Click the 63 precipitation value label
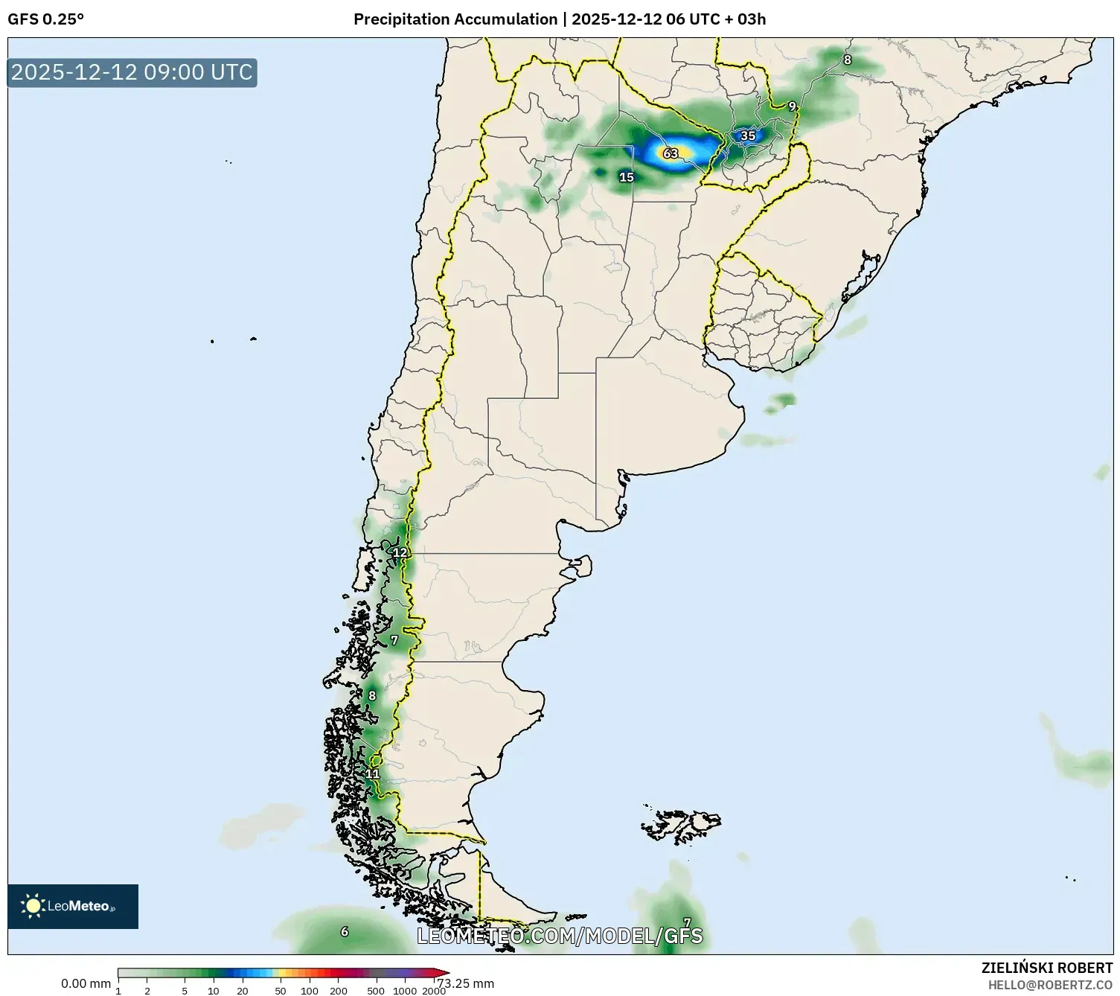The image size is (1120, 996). pyautogui.click(x=671, y=153)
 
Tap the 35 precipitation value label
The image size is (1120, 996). pyautogui.click(x=748, y=135)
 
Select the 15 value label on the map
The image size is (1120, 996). pyautogui.click(x=627, y=177)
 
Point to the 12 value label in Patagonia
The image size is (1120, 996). pyautogui.click(x=400, y=552)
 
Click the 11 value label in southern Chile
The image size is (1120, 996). pyautogui.click(x=372, y=774)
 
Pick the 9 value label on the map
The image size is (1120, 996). pyautogui.click(x=792, y=106)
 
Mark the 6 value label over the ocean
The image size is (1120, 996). pyautogui.click(x=345, y=931)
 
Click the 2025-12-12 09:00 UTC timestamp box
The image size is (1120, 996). pyautogui.click(x=132, y=72)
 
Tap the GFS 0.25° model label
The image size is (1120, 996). pyautogui.click(x=45, y=19)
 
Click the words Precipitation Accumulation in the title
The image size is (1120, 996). pyautogui.click(x=455, y=19)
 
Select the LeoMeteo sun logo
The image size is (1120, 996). pyautogui.click(x=33, y=906)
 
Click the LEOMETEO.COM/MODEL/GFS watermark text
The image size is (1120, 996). pyautogui.click(x=559, y=936)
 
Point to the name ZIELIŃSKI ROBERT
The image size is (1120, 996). pyautogui.click(x=1047, y=968)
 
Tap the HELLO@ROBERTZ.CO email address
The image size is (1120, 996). pyautogui.click(x=1050, y=985)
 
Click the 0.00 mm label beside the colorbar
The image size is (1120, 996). pyautogui.click(x=86, y=983)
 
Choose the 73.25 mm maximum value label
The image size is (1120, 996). pyautogui.click(x=467, y=983)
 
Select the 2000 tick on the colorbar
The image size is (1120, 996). pyautogui.click(x=434, y=991)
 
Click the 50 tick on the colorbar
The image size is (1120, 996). pyautogui.click(x=281, y=991)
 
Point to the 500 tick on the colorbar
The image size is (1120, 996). pyautogui.click(x=376, y=991)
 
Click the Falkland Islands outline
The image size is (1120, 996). pyautogui.click(x=681, y=823)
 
